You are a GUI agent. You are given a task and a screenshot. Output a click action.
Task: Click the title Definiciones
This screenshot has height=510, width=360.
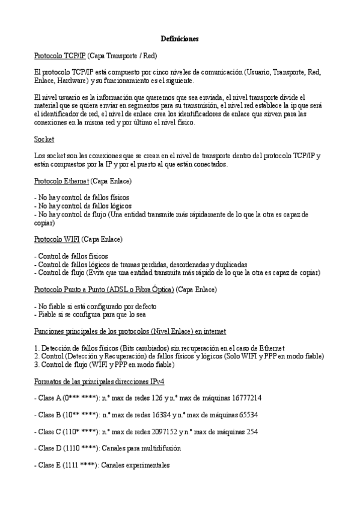pyautogui.click(x=180, y=39)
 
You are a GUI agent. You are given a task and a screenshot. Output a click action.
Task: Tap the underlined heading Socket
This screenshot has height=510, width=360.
pyautogui.click(x=44, y=140)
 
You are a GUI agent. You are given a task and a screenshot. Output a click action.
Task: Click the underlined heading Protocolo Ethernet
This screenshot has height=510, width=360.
pyautogui.click(x=61, y=181)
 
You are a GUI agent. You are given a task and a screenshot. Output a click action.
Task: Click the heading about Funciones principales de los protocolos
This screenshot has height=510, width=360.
pyautogui.click(x=130, y=331)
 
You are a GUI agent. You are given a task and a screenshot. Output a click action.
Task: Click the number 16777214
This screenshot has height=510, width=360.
pyautogui.click(x=244, y=398)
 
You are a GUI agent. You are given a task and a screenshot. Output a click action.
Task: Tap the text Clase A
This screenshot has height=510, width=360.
pyautogui.click(x=49, y=398)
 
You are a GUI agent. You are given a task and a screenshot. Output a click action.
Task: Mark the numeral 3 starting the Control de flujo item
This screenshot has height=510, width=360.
pyautogui.click(x=36, y=364)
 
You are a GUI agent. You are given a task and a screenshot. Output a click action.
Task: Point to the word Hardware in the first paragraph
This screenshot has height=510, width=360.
pyautogui.click(x=74, y=81)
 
